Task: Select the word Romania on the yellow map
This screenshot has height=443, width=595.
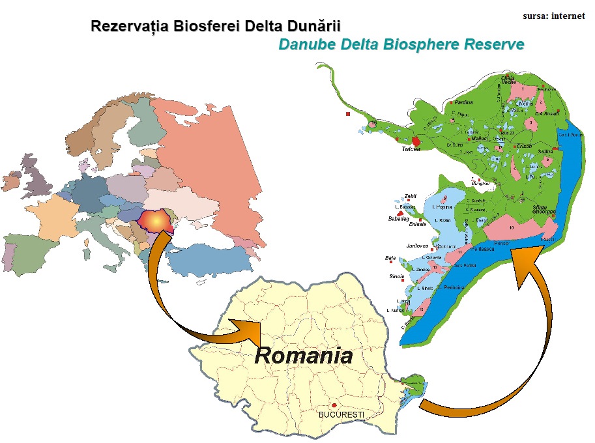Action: click(x=303, y=356)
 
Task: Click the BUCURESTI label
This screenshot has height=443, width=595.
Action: click(x=341, y=414)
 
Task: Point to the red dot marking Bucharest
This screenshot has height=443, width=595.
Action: click(x=334, y=405)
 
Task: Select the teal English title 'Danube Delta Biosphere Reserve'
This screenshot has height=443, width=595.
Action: click(x=401, y=45)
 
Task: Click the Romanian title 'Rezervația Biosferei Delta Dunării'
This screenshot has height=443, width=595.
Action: click(x=216, y=27)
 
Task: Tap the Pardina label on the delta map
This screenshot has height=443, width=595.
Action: click(x=464, y=102)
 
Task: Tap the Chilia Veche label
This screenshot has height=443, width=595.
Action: click(x=508, y=81)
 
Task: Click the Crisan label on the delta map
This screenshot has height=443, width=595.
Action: click(x=521, y=146)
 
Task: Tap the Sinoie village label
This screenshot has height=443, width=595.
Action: click(x=396, y=276)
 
